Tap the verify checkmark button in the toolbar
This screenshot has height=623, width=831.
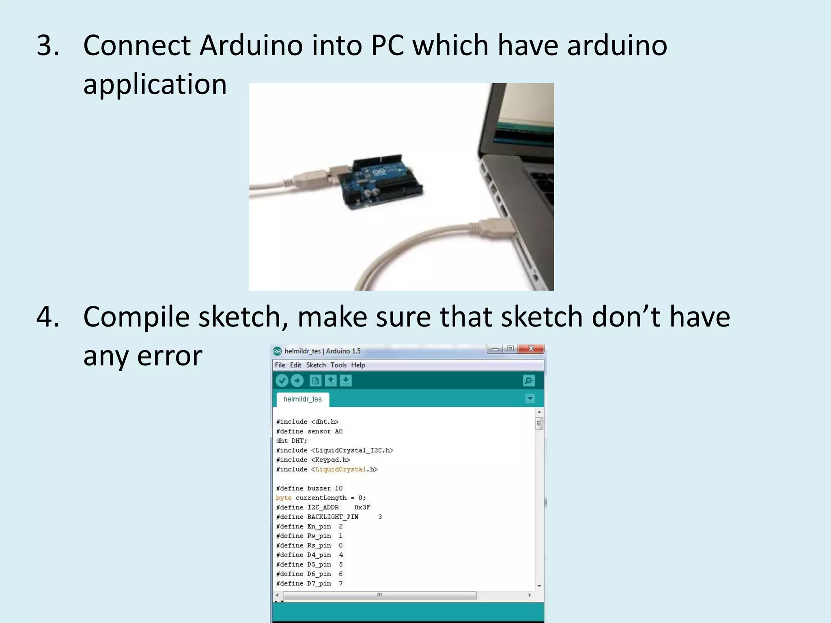pyautogui.click(x=282, y=380)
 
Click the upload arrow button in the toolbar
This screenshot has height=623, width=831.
pyautogui.click(x=297, y=380)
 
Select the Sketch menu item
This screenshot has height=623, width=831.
pyautogui.click(x=316, y=365)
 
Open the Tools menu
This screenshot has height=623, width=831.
pyautogui.click(x=338, y=365)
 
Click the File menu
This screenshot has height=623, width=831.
pyautogui.click(x=280, y=365)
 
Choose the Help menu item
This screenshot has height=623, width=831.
pyautogui.click(x=358, y=365)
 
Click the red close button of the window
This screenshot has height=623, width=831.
pyautogui.click(x=531, y=349)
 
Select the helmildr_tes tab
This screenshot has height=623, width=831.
pyautogui.click(x=303, y=399)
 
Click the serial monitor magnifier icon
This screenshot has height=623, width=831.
pyautogui.click(x=529, y=380)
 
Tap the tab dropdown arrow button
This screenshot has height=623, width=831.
pyautogui.click(x=530, y=398)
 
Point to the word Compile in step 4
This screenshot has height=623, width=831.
pyautogui.click(x=136, y=316)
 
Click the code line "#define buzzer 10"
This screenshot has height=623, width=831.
pyautogui.click(x=309, y=488)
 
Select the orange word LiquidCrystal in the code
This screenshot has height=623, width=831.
pyautogui.click(x=341, y=469)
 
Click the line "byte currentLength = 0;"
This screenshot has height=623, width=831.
pyautogui.click(x=321, y=498)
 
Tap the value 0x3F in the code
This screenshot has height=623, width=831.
pyautogui.click(x=362, y=507)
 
